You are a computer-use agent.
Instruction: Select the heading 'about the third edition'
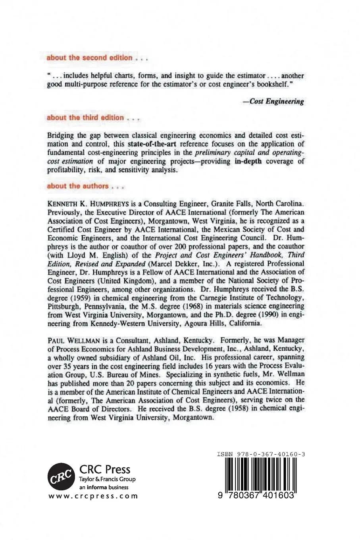pos(85,118)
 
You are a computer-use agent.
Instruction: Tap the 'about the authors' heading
pos(77,186)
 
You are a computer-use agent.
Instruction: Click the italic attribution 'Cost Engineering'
pos(275,101)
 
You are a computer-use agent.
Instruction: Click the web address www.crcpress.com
pos(93,496)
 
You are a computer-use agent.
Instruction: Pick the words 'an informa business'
pos(104,487)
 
